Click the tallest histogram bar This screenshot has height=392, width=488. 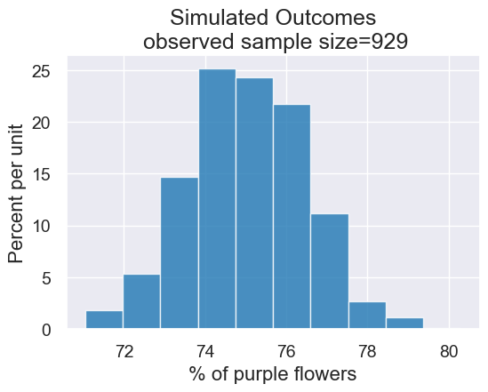coord(217,199)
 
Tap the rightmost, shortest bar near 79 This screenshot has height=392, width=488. coord(404,324)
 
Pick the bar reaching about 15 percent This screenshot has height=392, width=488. coord(180,253)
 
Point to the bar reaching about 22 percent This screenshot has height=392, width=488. coord(292,217)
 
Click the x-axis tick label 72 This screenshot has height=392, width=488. coord(124,350)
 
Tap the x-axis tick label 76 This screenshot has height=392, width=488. coord(286,350)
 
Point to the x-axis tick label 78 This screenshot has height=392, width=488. coord(368,350)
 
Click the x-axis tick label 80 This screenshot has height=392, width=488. coord(450,350)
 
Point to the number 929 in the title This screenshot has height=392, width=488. coord(387,42)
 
